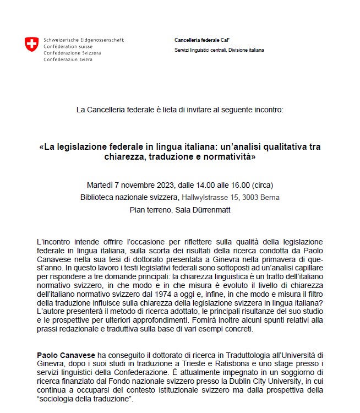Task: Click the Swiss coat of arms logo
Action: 31,45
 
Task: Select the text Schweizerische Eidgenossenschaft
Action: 84,40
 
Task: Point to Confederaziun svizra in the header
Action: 68,59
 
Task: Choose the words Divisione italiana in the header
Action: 246,50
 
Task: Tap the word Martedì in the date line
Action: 100,184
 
